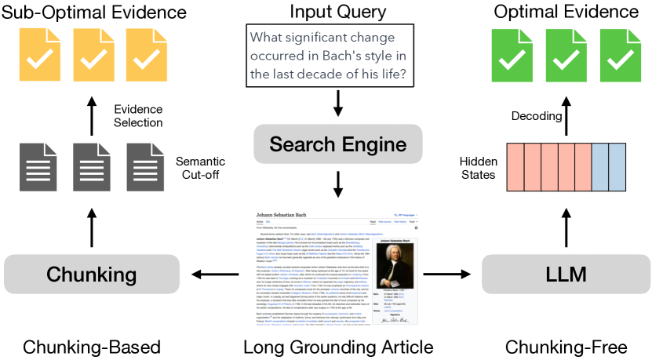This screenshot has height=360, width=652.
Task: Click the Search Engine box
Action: (338, 145)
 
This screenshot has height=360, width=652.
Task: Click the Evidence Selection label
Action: (138, 115)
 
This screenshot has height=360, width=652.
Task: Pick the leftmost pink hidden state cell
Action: (515, 166)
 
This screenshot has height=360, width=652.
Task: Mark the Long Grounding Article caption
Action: (338, 346)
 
